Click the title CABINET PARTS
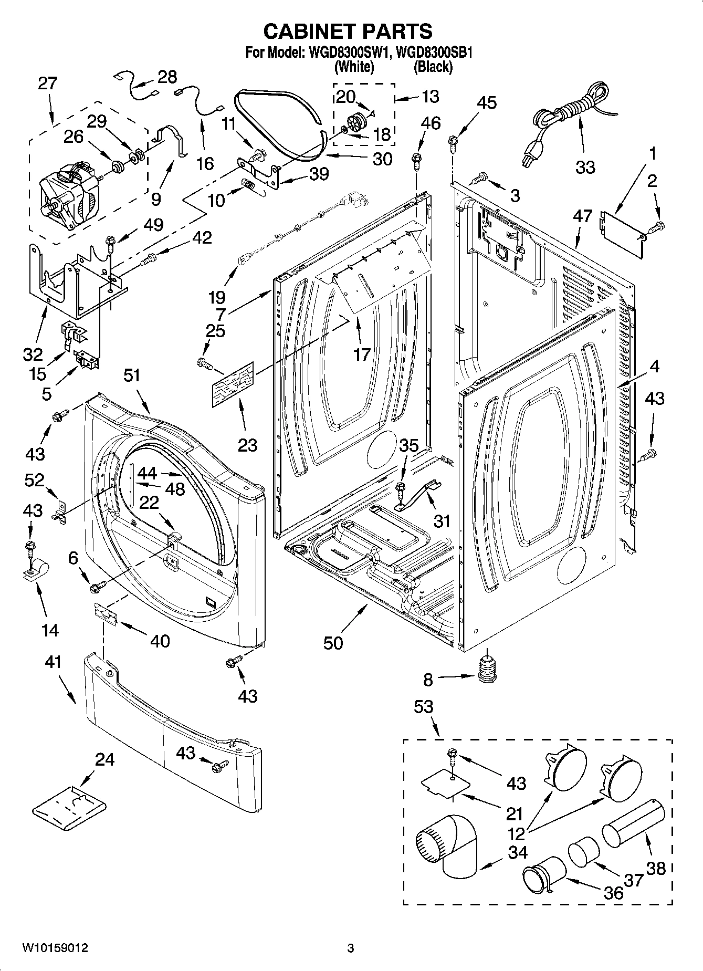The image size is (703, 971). (x=348, y=32)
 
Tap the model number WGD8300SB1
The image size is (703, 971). (x=434, y=53)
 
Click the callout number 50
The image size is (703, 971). (x=333, y=642)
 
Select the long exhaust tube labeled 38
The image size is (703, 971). (x=633, y=823)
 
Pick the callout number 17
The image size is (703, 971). (x=362, y=354)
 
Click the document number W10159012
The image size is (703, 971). (x=55, y=948)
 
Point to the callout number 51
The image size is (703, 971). (x=132, y=375)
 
